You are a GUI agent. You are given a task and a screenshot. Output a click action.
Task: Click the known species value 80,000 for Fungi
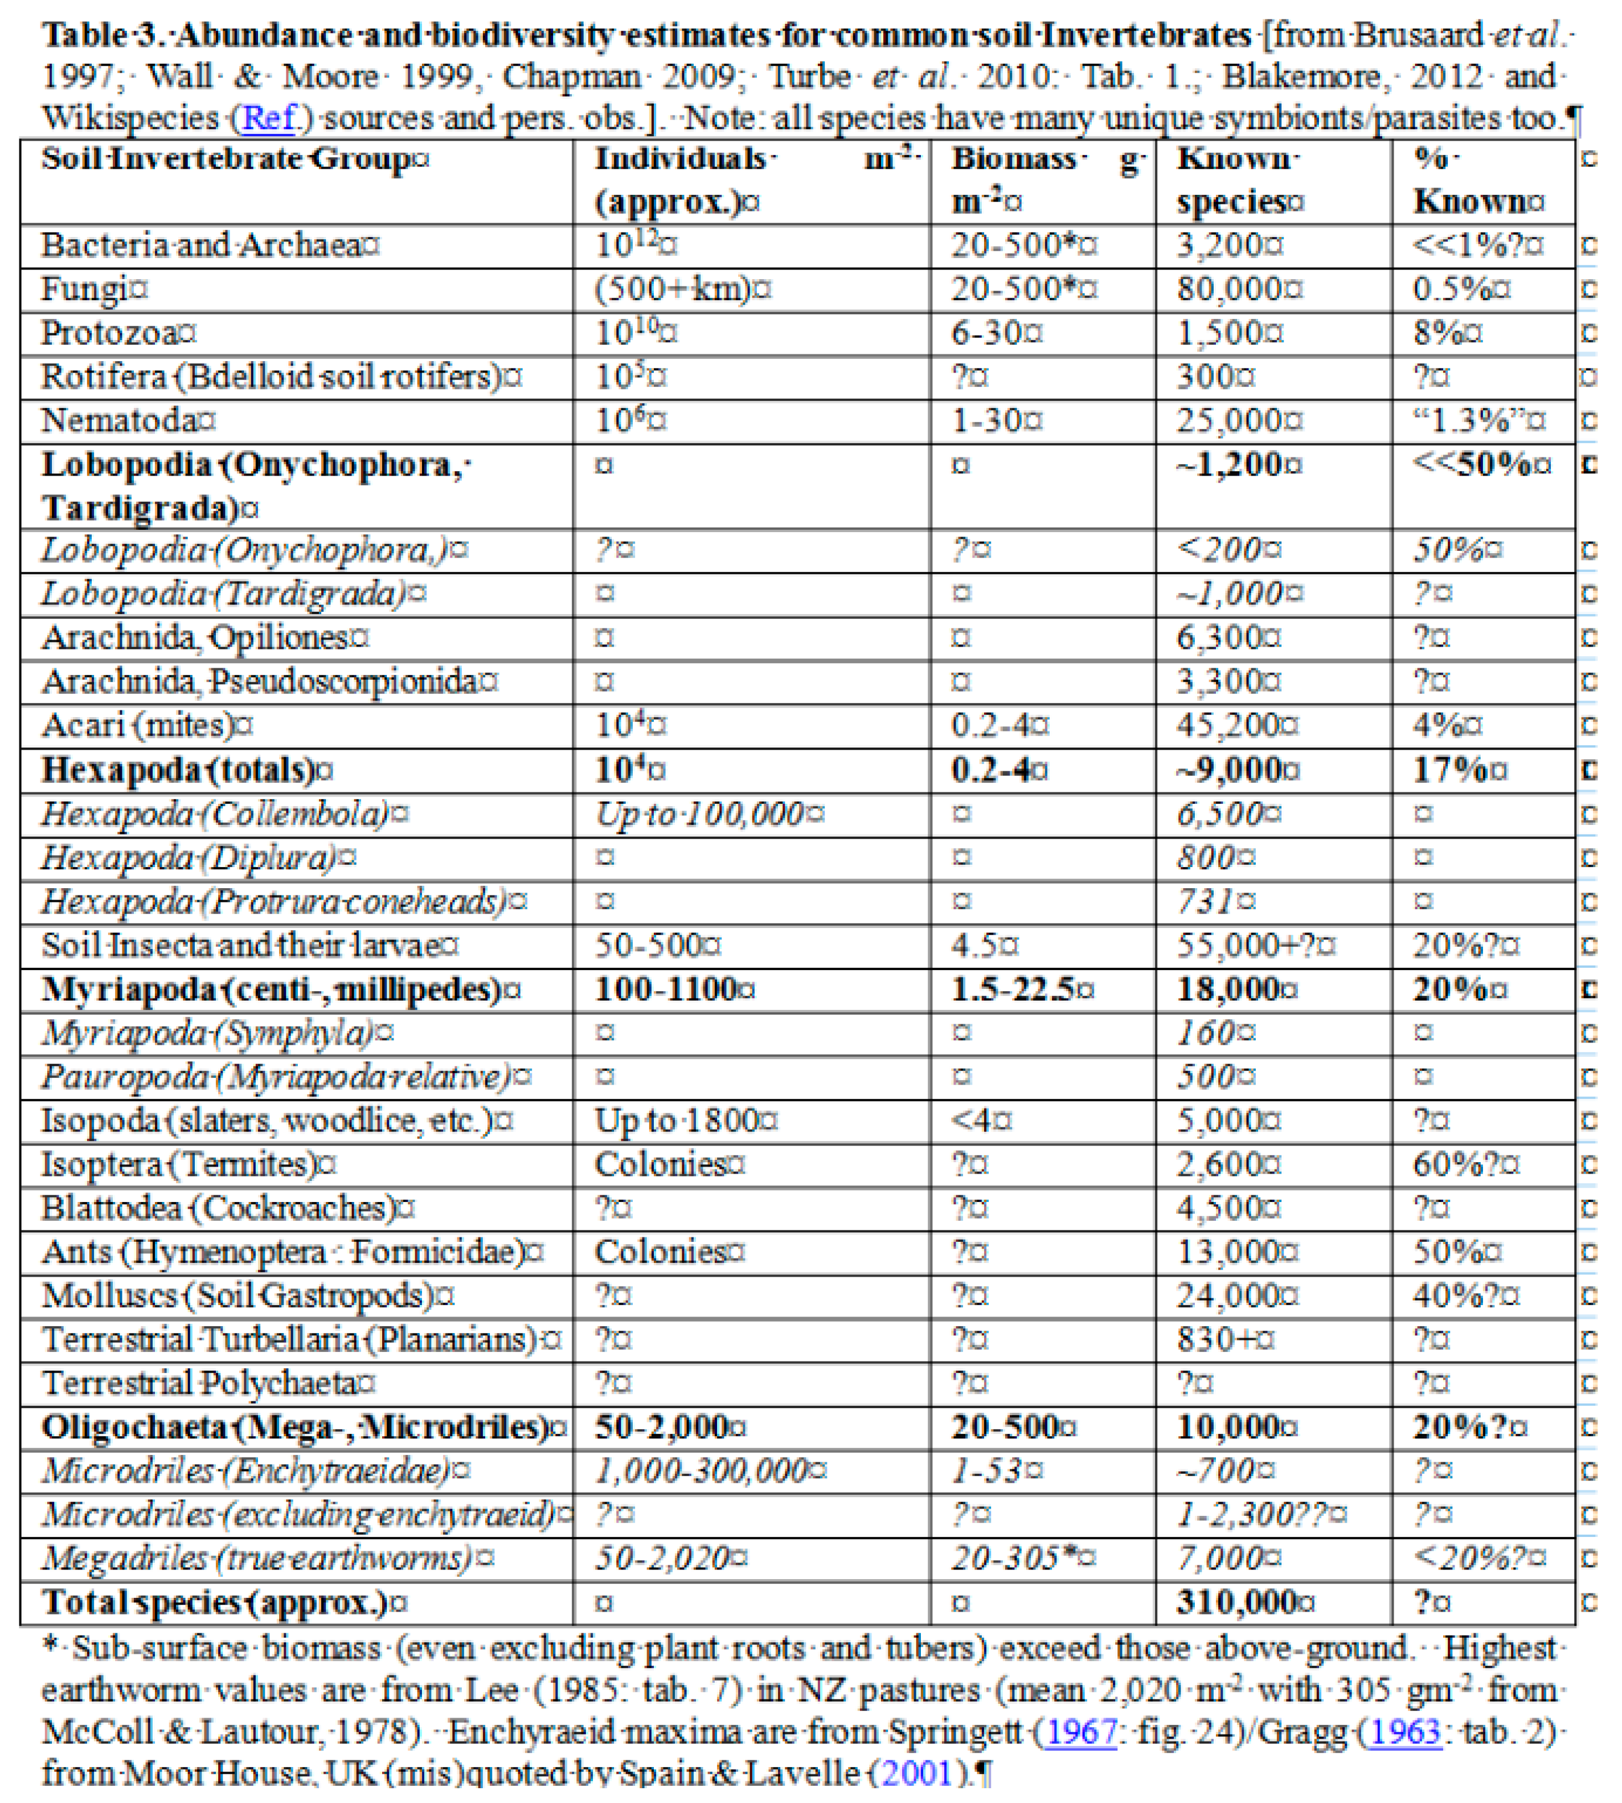1239,289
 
